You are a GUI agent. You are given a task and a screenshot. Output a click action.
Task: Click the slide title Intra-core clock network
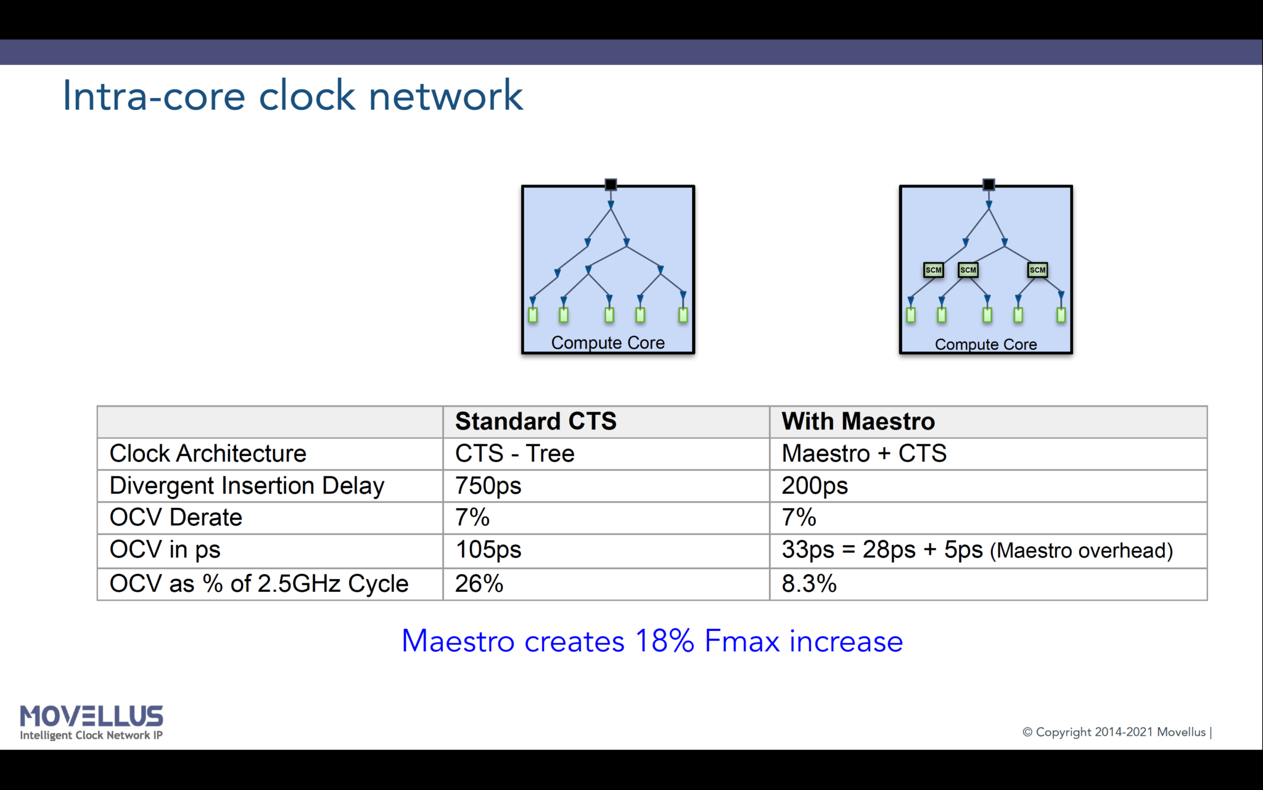point(292,96)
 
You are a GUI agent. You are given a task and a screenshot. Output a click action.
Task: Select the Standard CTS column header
point(535,422)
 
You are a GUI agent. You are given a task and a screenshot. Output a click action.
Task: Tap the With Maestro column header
point(858,422)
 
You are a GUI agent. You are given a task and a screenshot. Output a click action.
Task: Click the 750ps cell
point(488,486)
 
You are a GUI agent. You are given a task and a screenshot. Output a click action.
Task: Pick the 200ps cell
point(814,486)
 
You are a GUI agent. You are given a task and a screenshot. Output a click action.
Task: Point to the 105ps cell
point(488,549)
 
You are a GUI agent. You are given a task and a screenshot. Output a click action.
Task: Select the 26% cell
point(479,583)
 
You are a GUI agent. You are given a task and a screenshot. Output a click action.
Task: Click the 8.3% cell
point(808,583)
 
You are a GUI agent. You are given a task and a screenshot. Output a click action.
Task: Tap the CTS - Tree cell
point(514,454)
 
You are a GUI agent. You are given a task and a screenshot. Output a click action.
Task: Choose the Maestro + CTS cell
point(863,454)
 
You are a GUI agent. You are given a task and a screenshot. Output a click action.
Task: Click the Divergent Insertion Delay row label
point(247,486)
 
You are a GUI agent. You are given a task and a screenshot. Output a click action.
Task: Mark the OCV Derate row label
point(176,517)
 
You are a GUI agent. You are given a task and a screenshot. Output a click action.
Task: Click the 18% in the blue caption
point(664,641)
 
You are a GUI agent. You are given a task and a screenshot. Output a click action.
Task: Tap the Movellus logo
point(91,721)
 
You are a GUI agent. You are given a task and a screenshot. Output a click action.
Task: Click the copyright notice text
point(1116,732)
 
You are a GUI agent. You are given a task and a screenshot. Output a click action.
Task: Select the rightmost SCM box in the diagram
point(1037,270)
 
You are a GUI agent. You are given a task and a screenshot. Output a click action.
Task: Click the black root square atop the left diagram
point(611,184)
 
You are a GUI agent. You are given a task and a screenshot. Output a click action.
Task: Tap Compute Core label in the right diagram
point(985,344)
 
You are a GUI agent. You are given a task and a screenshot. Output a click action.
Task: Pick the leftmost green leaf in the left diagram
point(533,315)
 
